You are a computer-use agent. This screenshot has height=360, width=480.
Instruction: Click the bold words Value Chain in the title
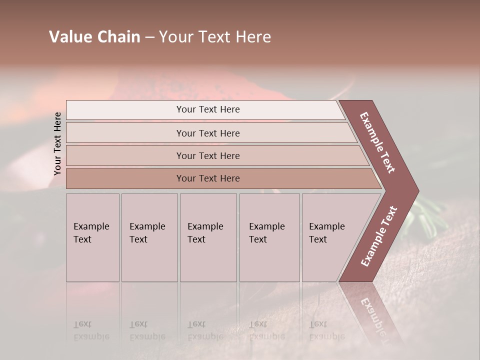(94, 37)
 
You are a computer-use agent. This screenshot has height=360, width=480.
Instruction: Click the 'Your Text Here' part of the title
(215, 37)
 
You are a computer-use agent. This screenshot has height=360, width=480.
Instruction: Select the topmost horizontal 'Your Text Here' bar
(207, 109)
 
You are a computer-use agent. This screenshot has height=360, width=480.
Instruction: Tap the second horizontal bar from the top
(207, 133)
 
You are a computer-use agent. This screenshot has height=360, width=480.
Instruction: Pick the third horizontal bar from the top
(207, 155)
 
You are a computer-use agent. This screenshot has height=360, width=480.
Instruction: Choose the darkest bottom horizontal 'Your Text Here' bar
(207, 178)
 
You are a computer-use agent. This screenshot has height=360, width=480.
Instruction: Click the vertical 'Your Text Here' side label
(58, 143)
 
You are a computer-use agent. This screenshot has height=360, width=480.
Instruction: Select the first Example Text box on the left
(92, 237)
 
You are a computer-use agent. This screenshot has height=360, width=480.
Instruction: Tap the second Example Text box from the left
(149, 237)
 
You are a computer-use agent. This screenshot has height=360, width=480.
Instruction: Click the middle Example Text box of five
(208, 237)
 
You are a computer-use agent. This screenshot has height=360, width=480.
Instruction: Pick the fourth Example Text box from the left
(269, 237)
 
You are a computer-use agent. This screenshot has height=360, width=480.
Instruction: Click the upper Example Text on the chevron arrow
(377, 142)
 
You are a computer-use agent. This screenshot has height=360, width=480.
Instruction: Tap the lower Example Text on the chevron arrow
(378, 236)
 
